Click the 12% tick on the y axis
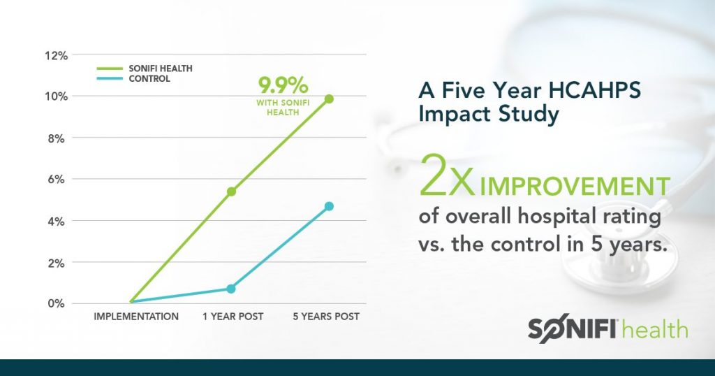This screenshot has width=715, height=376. (55, 55)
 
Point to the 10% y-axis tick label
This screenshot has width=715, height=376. (55, 96)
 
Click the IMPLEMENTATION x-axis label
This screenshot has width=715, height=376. (136, 317)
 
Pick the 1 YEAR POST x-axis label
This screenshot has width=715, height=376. (233, 317)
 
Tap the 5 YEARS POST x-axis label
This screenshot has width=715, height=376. (327, 317)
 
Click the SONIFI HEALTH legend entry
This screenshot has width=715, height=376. (161, 68)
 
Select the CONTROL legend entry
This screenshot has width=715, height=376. (149, 79)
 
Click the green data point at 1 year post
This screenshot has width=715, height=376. (231, 191)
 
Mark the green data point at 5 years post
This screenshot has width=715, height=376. (329, 99)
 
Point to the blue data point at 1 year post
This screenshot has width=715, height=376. (231, 289)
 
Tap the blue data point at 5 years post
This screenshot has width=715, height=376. (329, 206)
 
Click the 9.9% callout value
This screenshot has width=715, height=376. (283, 87)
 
